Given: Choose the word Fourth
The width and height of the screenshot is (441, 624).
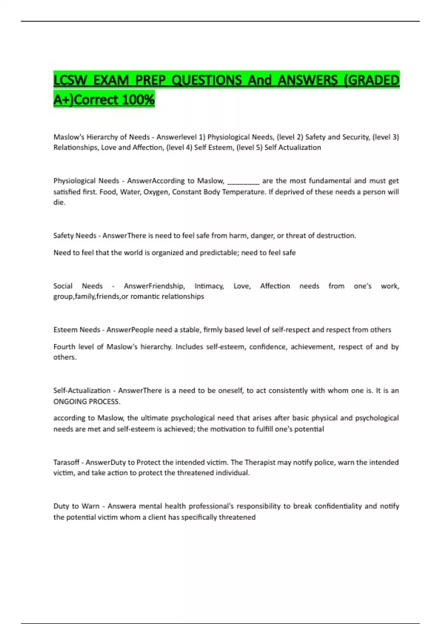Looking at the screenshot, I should [x=64, y=347].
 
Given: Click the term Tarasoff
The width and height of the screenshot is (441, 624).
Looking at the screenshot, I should [x=66, y=462].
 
